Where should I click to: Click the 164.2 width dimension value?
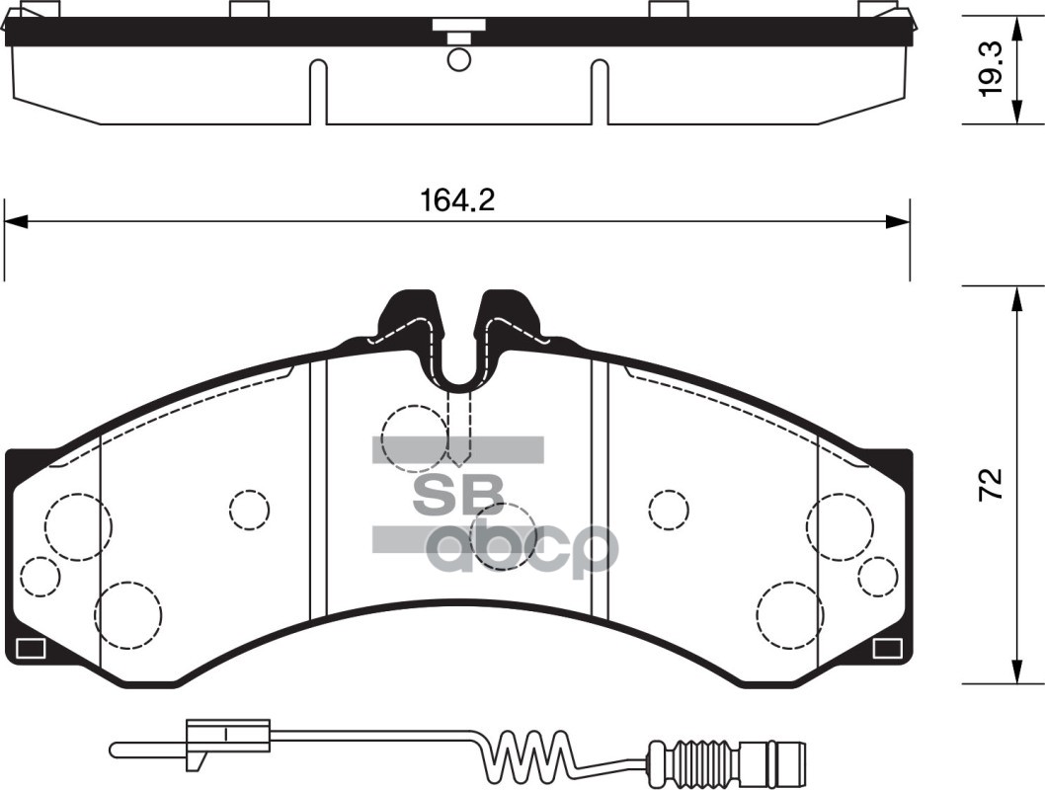coord(456,200)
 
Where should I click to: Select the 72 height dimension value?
coord(992,484)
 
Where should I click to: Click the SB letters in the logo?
coord(456,495)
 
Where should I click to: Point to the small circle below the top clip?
coord(458,58)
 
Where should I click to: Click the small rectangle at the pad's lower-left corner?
coord(30,649)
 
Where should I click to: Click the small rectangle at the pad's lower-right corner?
coord(887,649)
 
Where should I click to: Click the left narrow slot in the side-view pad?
coord(318,92)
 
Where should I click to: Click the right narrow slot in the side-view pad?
coord(599,92)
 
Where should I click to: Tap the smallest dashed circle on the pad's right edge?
coord(876,576)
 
